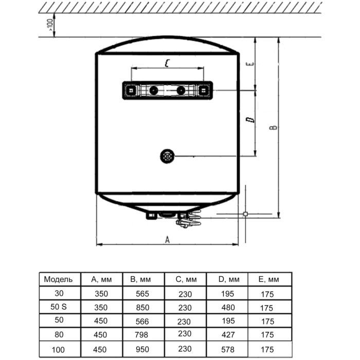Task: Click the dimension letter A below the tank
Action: (x=167, y=239)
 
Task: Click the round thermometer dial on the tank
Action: (x=167, y=155)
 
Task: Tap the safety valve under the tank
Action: (x=186, y=221)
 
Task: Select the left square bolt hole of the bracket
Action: (x=131, y=91)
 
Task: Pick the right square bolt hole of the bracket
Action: (x=204, y=91)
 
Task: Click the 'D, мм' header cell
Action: (x=228, y=280)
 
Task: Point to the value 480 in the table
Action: (x=228, y=308)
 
